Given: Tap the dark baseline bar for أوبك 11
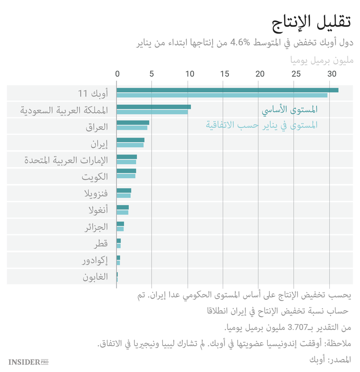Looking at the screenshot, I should click(227, 90).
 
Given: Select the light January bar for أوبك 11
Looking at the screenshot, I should click(222, 95).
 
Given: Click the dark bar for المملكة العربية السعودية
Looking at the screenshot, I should click(154, 107).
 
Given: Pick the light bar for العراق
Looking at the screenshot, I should click(132, 128).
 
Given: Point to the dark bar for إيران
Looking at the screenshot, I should click(130, 140).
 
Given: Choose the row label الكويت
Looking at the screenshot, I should click(95, 176).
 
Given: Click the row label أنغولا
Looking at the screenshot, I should click(98, 210).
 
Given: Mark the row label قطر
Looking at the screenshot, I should click(101, 244).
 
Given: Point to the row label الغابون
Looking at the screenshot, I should click(95, 277).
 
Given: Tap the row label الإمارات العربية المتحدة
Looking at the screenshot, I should click(66, 160).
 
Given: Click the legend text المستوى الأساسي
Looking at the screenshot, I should click(289, 110).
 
